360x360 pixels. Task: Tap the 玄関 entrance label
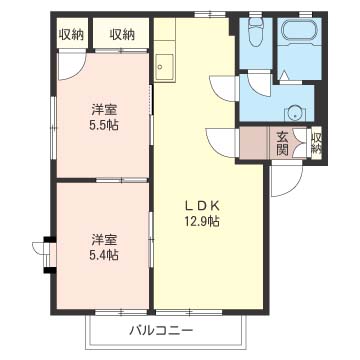283,143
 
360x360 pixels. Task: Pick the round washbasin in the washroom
296,111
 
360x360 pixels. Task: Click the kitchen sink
164,68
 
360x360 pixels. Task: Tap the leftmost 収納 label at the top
71,34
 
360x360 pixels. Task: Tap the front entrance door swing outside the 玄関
285,178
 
